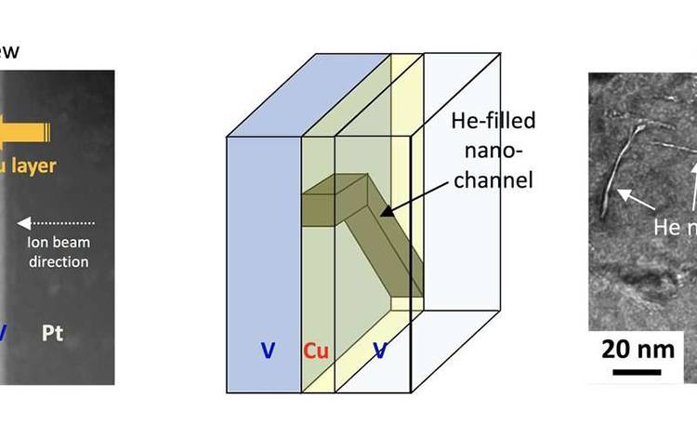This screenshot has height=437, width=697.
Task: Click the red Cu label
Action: click(317, 351)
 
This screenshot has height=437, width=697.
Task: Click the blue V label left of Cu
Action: click(268, 351)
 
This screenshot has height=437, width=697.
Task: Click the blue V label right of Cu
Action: click(380, 351)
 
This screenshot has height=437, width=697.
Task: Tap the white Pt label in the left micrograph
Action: click(53, 332)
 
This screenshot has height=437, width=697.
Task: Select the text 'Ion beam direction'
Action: click(57, 252)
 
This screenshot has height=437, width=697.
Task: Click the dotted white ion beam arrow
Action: click(56, 223)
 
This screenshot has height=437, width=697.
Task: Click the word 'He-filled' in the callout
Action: click(493, 121)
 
